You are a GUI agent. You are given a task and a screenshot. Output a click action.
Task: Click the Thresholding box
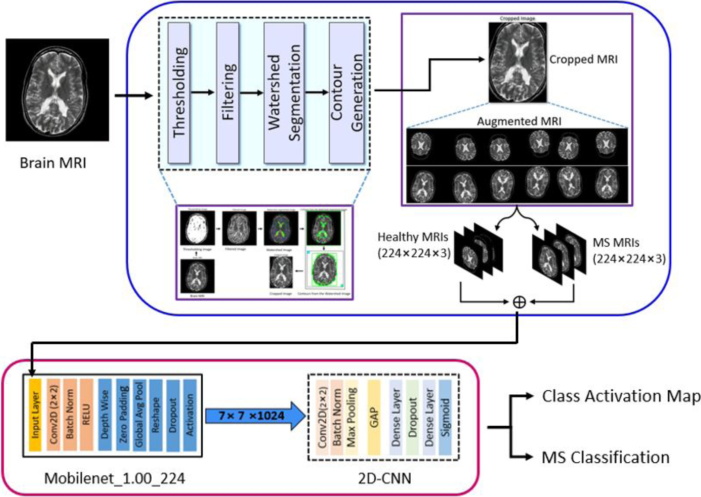[x=179, y=92]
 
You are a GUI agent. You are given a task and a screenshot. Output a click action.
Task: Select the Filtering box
[x=227, y=92]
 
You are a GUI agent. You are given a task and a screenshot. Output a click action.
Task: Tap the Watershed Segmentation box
[x=284, y=92]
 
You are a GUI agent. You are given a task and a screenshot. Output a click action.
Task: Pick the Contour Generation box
[x=347, y=92]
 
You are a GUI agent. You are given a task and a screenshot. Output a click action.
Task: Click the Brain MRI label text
[x=53, y=163]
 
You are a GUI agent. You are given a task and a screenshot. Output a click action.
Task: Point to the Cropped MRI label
[x=584, y=59]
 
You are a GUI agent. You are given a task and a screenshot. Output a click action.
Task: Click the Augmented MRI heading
[x=519, y=122]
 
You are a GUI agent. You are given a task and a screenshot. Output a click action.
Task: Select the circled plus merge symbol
[x=519, y=302]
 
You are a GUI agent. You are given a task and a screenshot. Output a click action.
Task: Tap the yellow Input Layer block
[x=35, y=415]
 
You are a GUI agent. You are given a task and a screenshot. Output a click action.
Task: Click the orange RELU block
[x=86, y=415]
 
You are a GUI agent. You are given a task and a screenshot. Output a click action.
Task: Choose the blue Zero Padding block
[x=123, y=415]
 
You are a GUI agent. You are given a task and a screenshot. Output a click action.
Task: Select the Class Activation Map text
[x=621, y=396]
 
